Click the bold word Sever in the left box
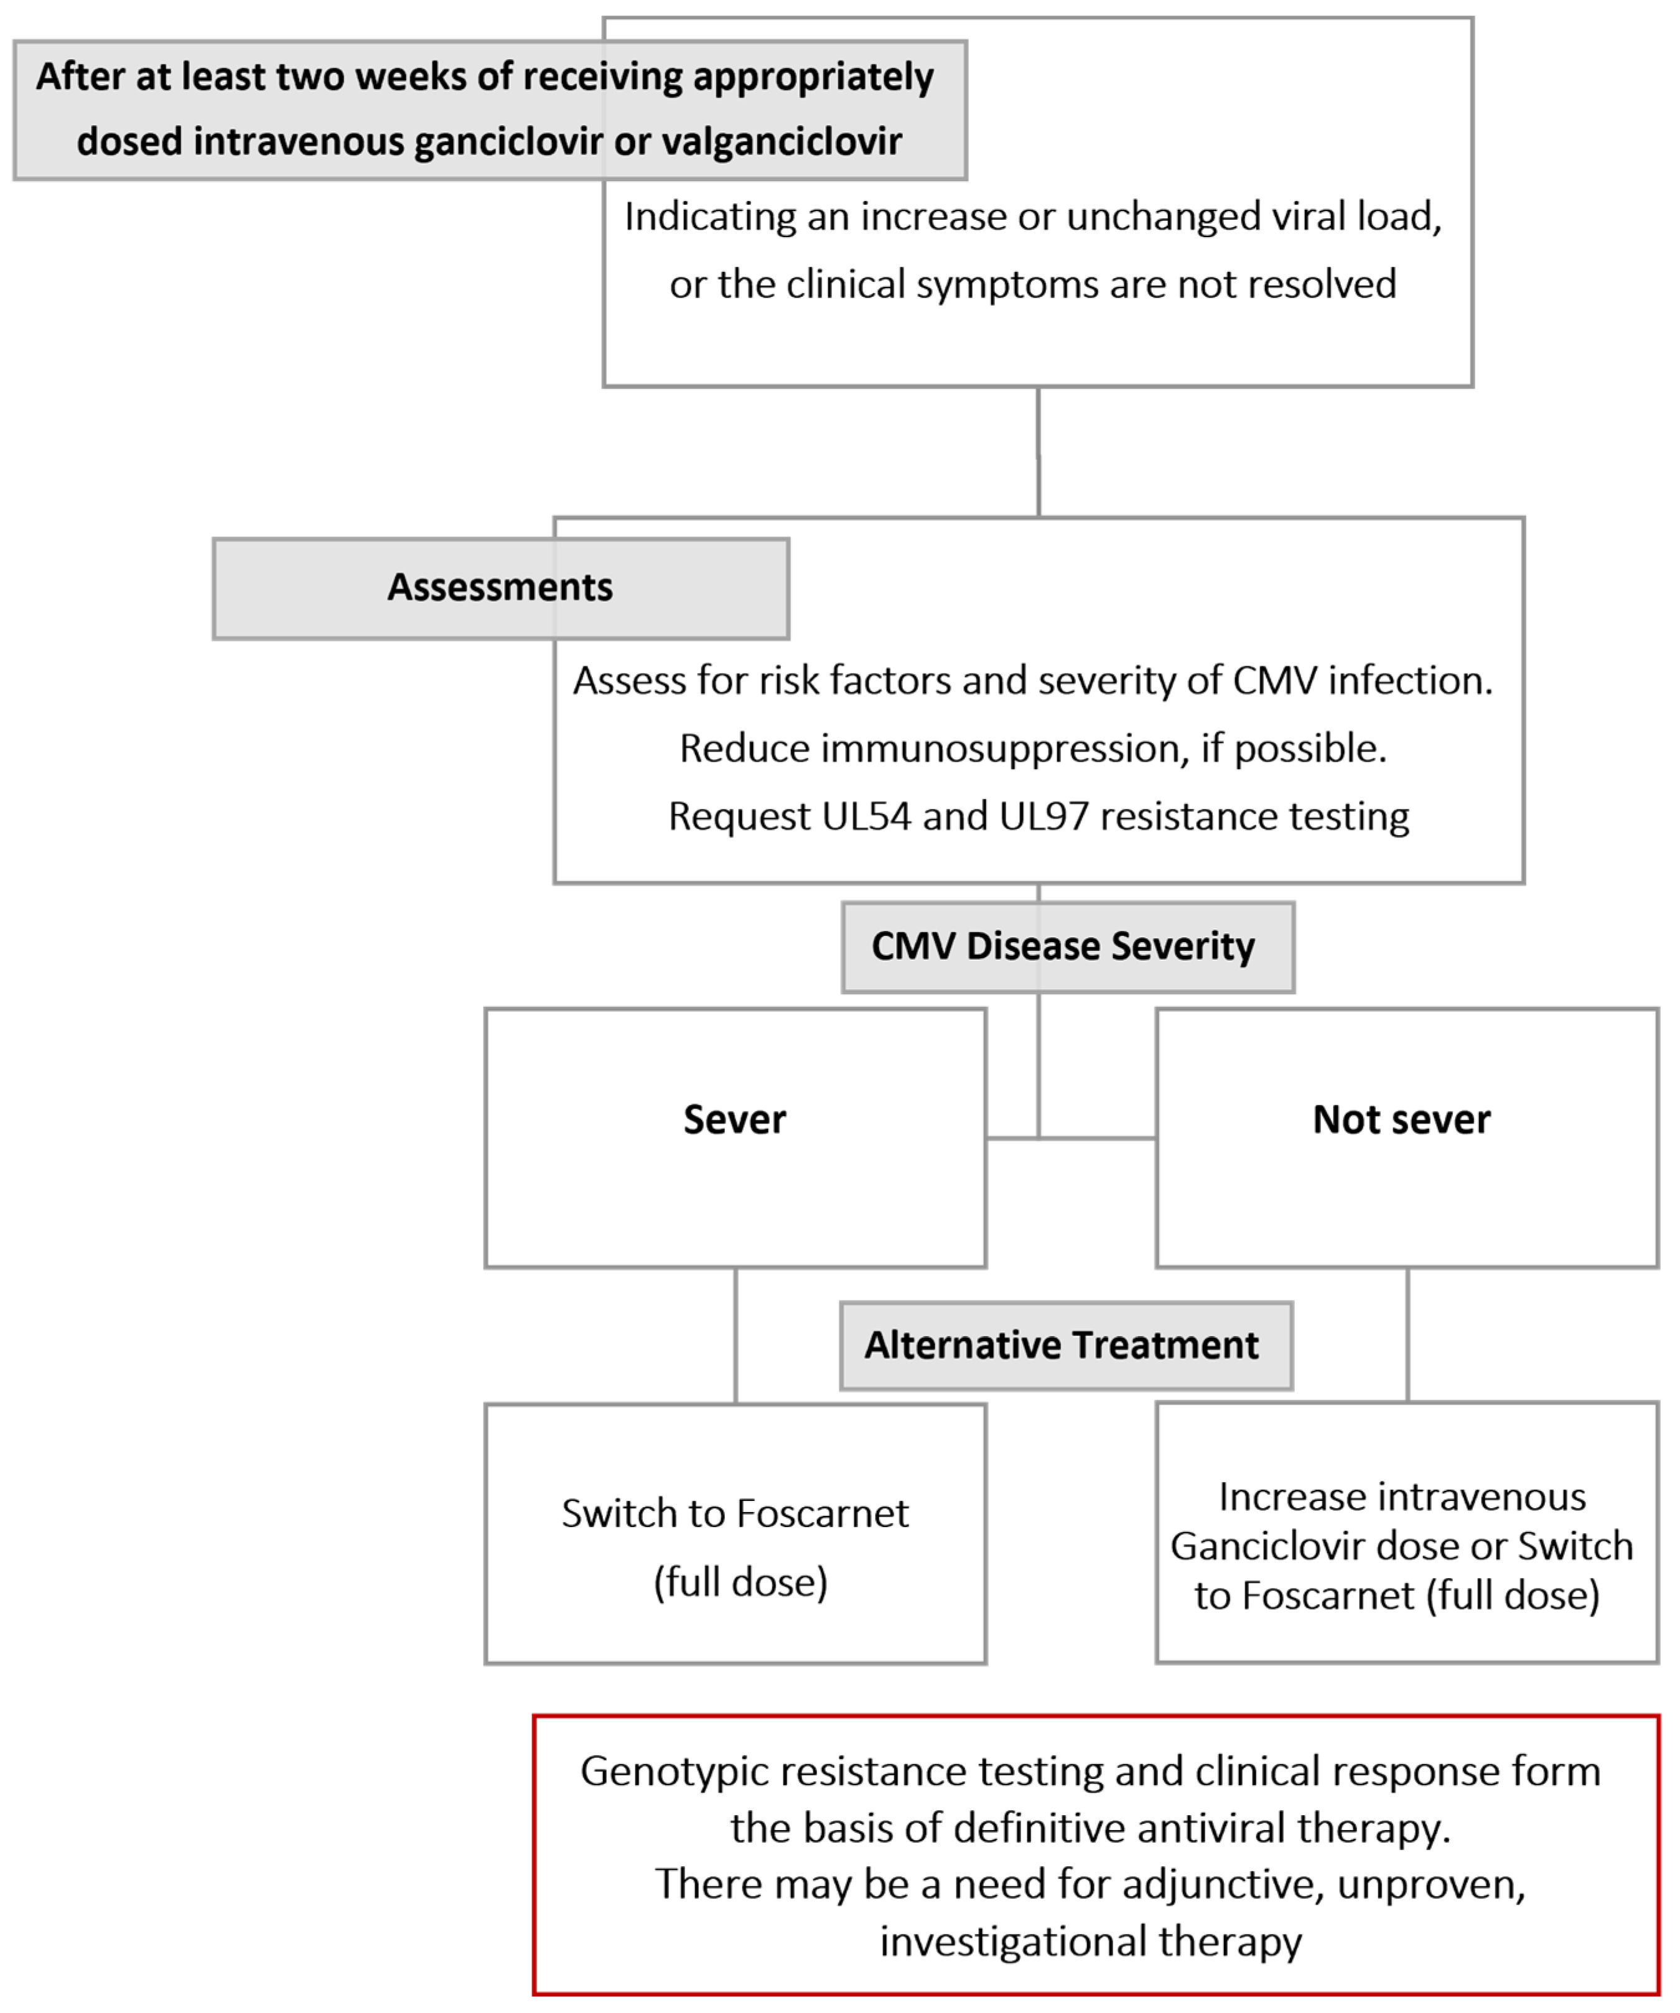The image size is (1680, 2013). tap(734, 1119)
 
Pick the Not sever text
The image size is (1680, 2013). tap(1401, 1119)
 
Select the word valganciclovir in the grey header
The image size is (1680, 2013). tap(782, 142)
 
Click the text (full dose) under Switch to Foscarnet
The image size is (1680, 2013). tap(740, 1582)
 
